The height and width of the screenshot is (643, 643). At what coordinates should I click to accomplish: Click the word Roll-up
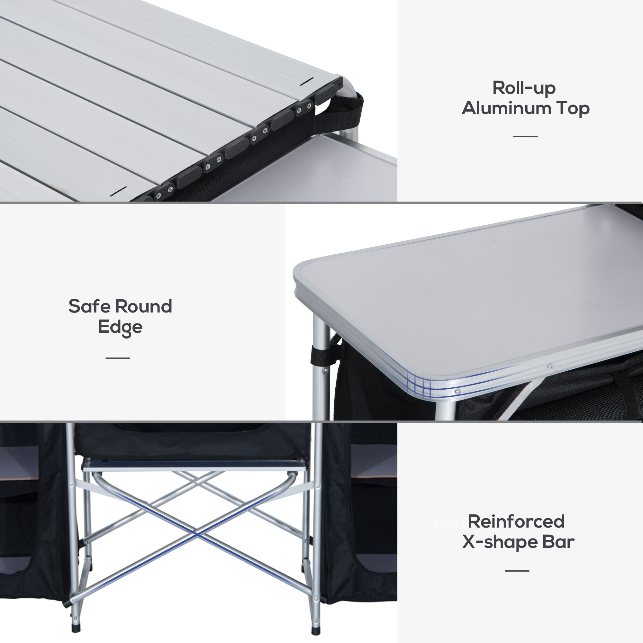coord(524,88)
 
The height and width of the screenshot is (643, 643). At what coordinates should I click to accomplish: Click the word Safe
coord(89,306)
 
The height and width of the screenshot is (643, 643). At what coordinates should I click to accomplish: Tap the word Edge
coord(120,327)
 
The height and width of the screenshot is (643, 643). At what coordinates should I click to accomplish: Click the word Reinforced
coord(516,521)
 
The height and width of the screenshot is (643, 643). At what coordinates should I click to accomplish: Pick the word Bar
coord(558,542)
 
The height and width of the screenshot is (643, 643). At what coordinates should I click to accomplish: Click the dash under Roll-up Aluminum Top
coord(525,136)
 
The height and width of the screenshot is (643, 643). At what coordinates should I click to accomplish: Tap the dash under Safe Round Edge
coord(118,358)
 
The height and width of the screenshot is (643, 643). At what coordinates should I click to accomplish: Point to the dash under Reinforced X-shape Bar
coord(517,570)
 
